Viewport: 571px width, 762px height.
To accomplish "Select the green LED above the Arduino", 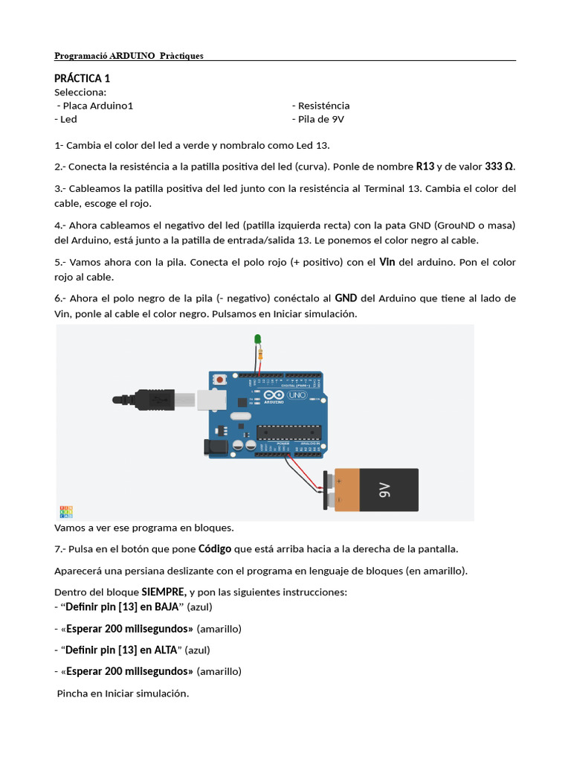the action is pyautogui.click(x=258, y=340).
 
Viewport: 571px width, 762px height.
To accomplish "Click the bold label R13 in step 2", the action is pyautogui.click(x=425, y=166).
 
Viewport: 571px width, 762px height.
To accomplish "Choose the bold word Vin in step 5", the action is pyautogui.click(x=387, y=262).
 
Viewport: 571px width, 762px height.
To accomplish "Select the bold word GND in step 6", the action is pyautogui.click(x=346, y=298).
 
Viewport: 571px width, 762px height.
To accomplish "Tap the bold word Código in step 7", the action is pyautogui.click(x=215, y=549).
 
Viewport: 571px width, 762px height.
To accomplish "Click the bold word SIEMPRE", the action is pyautogui.click(x=164, y=592).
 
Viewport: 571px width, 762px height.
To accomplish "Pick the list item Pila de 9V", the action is pyautogui.click(x=319, y=119).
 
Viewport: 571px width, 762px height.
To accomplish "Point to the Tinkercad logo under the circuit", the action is pyautogui.click(x=66, y=511).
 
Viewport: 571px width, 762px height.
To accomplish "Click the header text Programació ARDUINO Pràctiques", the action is pyautogui.click(x=129, y=56).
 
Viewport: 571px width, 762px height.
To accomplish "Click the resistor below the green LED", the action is pyautogui.click(x=260, y=355).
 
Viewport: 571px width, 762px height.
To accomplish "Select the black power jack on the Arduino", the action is pyautogui.click(x=215, y=446).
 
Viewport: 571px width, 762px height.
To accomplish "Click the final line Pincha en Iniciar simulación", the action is pyautogui.click(x=123, y=694).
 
